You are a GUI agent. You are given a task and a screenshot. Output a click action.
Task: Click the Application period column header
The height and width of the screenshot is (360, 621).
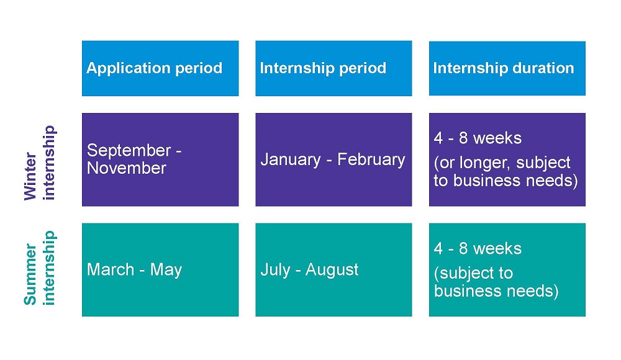coord(160,68)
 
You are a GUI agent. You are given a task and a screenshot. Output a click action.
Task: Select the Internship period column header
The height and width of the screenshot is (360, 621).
coord(333,68)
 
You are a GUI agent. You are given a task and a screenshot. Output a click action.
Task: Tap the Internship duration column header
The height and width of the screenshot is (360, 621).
coord(507,68)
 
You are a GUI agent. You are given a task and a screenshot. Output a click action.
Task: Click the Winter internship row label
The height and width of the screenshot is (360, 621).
coord(39,163)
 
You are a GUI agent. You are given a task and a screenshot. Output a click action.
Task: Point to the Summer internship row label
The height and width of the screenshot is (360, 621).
coord(39,268)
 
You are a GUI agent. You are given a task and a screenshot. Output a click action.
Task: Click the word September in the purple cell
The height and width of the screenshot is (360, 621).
coord(129,151)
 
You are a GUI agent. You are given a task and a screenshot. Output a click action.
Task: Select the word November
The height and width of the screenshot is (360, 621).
coord(126,168)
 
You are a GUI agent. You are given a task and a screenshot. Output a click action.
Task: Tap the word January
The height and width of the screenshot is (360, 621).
coord(291,160)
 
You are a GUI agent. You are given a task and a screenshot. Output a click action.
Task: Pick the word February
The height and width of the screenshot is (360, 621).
coord(371,160)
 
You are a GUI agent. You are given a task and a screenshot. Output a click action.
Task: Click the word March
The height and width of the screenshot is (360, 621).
coord(111,270)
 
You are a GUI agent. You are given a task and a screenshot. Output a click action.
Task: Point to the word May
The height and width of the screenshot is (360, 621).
coord(166,271)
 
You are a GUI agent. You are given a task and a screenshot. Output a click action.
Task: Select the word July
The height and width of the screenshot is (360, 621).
coord(275,271)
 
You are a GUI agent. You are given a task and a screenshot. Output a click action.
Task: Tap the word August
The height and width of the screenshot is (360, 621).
coord(332,271)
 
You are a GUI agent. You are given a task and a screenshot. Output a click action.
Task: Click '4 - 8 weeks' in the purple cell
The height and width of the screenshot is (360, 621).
coord(478,138)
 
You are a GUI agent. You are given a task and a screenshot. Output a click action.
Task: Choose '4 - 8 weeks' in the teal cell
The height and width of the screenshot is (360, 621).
coord(478,249)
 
